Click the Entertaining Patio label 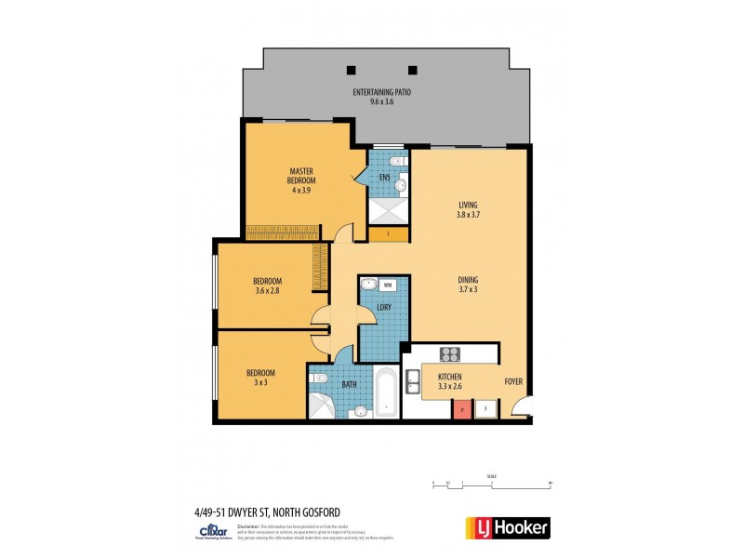coord(381,98)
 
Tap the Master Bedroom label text coord(300,176)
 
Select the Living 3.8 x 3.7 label coord(468,210)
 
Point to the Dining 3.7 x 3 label coord(468,284)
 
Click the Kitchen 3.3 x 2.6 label coord(450,382)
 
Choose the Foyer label coord(513,380)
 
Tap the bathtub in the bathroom coord(387,392)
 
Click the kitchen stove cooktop coord(450,353)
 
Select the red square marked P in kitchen coord(461,409)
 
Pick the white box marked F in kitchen coord(485,409)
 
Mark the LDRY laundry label coord(382,309)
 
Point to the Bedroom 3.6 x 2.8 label coord(268,286)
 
